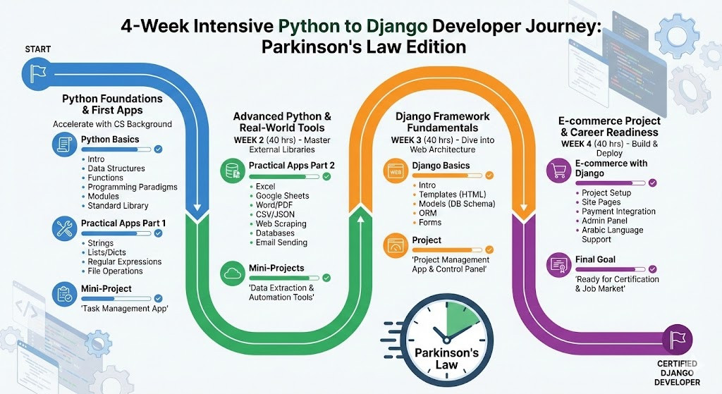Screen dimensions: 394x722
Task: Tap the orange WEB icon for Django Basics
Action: click(x=396, y=171)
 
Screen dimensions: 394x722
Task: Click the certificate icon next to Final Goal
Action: click(x=559, y=264)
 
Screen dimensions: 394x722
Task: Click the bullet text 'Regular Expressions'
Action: click(x=125, y=261)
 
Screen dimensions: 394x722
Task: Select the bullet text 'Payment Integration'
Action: click(x=618, y=211)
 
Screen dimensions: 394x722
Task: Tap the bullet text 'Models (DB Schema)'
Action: click(x=457, y=204)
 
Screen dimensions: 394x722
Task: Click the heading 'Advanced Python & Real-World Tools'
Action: click(x=282, y=122)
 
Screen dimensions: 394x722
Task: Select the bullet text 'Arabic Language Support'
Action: click(x=612, y=235)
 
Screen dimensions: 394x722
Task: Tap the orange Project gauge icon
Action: click(x=396, y=245)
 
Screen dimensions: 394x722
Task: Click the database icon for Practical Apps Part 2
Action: click(x=233, y=170)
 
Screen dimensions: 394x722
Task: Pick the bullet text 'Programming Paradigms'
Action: click(x=133, y=187)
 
